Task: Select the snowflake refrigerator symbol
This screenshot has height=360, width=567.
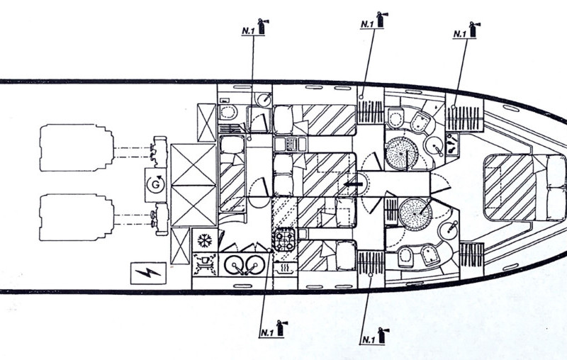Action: pyautogui.click(x=205, y=240)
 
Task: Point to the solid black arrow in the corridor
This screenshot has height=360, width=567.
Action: pyautogui.click(x=352, y=185)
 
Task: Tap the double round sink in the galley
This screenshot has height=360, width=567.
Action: pyautogui.click(x=242, y=264)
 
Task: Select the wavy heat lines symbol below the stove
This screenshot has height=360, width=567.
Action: pyautogui.click(x=285, y=269)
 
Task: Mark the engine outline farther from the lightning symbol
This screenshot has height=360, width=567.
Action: pyautogui.click(x=76, y=147)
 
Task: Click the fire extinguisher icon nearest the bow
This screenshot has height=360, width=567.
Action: pyautogui.click(x=473, y=31)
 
